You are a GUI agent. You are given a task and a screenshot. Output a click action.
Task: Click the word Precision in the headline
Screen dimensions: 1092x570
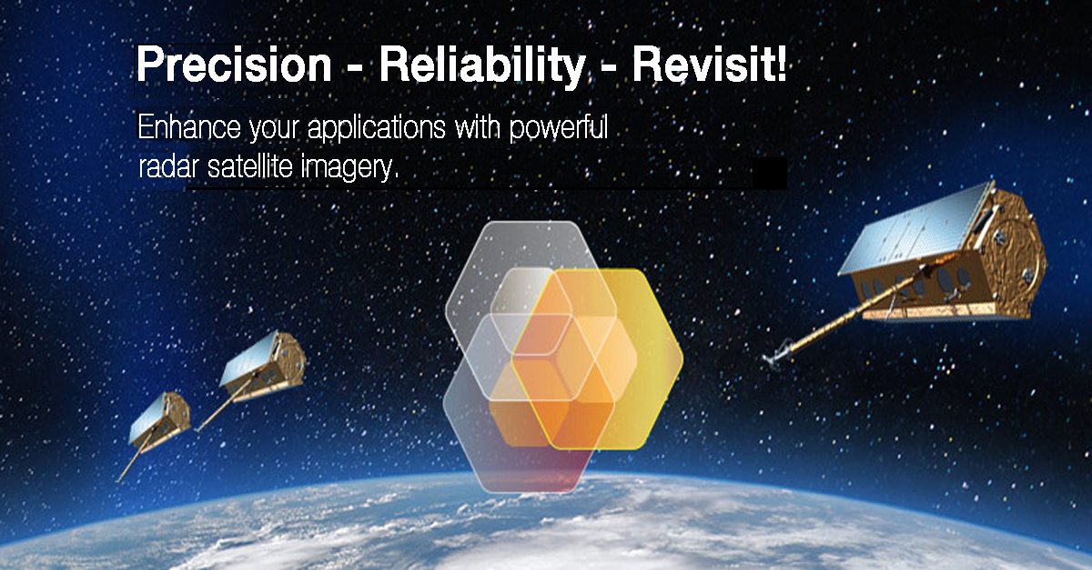(234, 65)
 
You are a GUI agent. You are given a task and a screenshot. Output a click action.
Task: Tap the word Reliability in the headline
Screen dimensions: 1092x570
(482, 66)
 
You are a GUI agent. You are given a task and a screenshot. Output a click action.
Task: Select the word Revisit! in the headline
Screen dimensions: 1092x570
(709, 65)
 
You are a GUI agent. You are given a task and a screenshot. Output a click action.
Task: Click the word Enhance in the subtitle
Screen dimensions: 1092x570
(189, 126)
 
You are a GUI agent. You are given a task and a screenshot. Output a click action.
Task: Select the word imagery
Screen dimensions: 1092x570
(349, 168)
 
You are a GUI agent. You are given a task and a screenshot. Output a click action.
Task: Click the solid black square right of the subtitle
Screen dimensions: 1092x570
(770, 173)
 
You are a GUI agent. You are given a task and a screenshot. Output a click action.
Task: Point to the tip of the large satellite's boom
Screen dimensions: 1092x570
(764, 359)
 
